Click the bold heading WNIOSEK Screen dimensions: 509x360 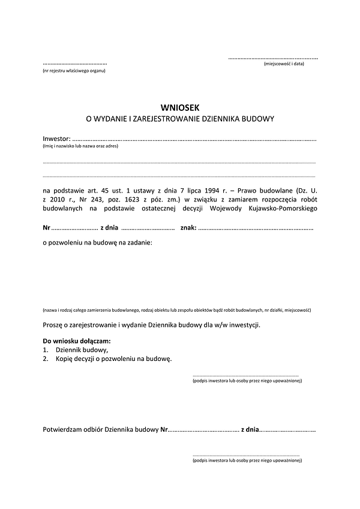[180, 107]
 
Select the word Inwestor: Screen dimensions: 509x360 [56, 139]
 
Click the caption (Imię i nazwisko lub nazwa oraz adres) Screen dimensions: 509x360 [80, 146]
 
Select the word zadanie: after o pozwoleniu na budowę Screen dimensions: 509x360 [138, 243]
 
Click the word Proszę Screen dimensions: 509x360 [53, 325]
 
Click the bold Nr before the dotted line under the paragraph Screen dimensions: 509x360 [46, 228]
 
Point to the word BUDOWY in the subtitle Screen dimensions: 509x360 [259, 119]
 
